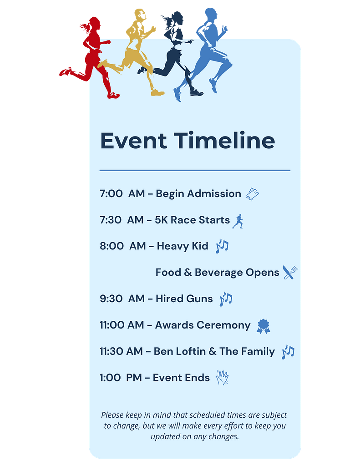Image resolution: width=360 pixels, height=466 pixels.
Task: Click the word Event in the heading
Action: [x=133, y=141]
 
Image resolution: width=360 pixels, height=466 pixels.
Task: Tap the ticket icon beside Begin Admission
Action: [x=253, y=194]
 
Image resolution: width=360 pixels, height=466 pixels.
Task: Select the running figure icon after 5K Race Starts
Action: [x=238, y=222]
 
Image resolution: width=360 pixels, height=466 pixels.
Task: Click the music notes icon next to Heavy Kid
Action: [x=222, y=246]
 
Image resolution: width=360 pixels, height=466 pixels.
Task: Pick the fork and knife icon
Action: [x=290, y=272]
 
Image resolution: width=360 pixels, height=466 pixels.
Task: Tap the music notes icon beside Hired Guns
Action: [x=226, y=299]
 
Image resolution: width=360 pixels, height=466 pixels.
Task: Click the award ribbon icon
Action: [x=264, y=326]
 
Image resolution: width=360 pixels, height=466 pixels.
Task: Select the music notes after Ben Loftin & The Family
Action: [x=288, y=352]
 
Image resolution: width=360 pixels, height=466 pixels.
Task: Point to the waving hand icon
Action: [x=223, y=378]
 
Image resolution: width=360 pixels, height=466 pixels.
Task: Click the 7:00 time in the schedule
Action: [x=111, y=194]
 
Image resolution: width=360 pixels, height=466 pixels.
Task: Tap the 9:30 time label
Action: [x=111, y=299]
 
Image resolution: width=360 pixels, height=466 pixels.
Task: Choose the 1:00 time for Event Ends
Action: [x=110, y=378]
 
